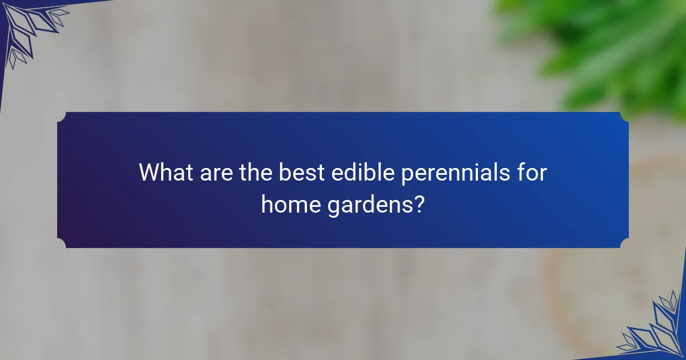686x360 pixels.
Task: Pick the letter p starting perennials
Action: (407, 175)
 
